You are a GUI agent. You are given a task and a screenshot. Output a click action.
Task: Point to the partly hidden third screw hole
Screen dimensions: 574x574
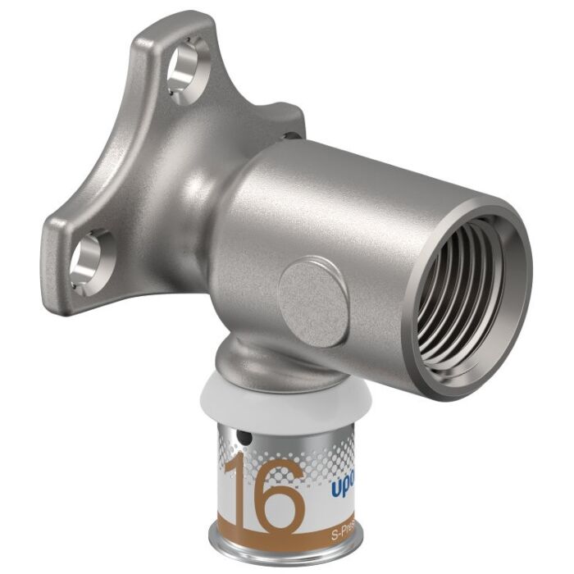click(289, 136)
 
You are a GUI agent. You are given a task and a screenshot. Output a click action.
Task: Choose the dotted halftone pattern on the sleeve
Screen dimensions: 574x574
click(328, 447)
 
